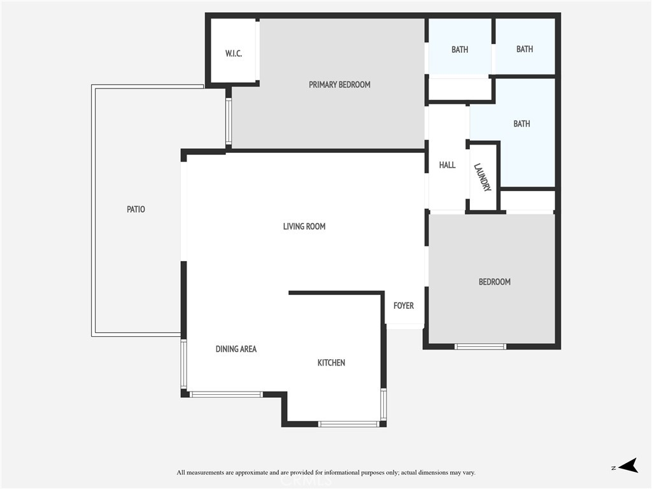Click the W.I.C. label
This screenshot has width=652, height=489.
(x=234, y=53)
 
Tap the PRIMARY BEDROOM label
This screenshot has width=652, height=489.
(x=339, y=85)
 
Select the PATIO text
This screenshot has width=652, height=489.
(x=136, y=209)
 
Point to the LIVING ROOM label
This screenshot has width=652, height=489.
(x=304, y=227)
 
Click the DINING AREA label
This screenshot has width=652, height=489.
(x=236, y=350)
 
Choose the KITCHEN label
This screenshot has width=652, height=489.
(x=331, y=363)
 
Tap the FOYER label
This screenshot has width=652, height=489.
(x=403, y=306)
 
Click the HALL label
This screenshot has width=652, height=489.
(x=447, y=165)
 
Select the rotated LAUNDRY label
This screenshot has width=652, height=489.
(x=483, y=177)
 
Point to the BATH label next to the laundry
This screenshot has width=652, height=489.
(x=521, y=124)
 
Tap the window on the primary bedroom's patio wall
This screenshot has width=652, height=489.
(x=229, y=121)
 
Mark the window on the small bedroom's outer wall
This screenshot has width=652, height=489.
(x=480, y=346)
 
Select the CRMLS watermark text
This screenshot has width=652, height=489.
(x=306, y=481)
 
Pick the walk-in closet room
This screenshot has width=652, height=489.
(x=233, y=51)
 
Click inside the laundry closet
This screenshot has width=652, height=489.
(x=483, y=178)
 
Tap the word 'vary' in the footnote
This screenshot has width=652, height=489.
(x=469, y=473)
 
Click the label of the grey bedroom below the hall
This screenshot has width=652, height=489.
(x=494, y=282)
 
